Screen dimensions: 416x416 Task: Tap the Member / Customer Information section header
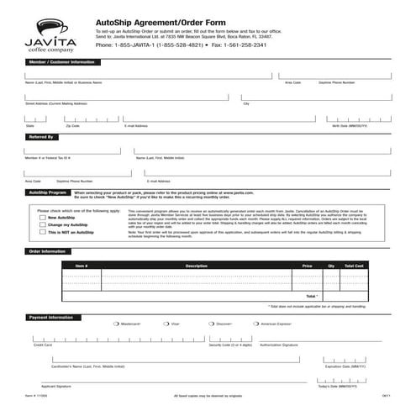click(61, 62)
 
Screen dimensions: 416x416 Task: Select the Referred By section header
click(41, 136)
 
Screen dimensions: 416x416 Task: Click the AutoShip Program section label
click(47, 192)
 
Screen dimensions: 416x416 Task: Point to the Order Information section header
click(47, 251)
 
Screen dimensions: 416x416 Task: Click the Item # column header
click(81, 266)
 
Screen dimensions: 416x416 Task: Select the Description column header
click(196, 266)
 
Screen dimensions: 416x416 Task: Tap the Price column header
click(307, 266)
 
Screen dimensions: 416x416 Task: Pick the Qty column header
click(330, 266)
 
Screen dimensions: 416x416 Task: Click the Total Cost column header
click(354, 266)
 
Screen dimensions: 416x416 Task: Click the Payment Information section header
click(50, 317)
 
